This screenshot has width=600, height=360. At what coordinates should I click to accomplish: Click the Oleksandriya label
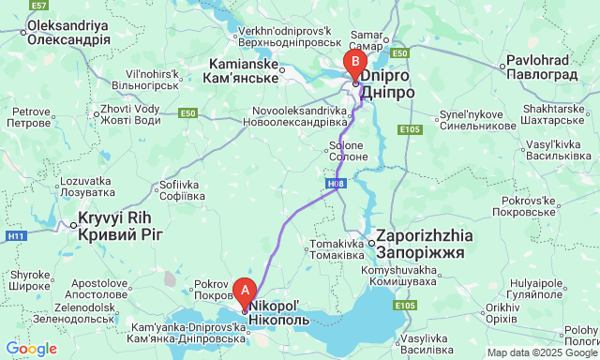point(68,34)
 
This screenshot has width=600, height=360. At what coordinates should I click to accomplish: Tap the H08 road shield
point(336,184)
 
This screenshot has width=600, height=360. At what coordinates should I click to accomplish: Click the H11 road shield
point(16,236)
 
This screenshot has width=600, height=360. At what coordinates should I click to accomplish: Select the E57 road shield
point(38,6)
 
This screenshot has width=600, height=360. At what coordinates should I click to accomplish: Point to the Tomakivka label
point(336,249)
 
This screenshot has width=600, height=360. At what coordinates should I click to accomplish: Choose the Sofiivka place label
point(182,190)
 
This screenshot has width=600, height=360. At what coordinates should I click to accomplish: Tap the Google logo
point(30,349)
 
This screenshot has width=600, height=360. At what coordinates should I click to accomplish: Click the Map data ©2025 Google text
point(541,353)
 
